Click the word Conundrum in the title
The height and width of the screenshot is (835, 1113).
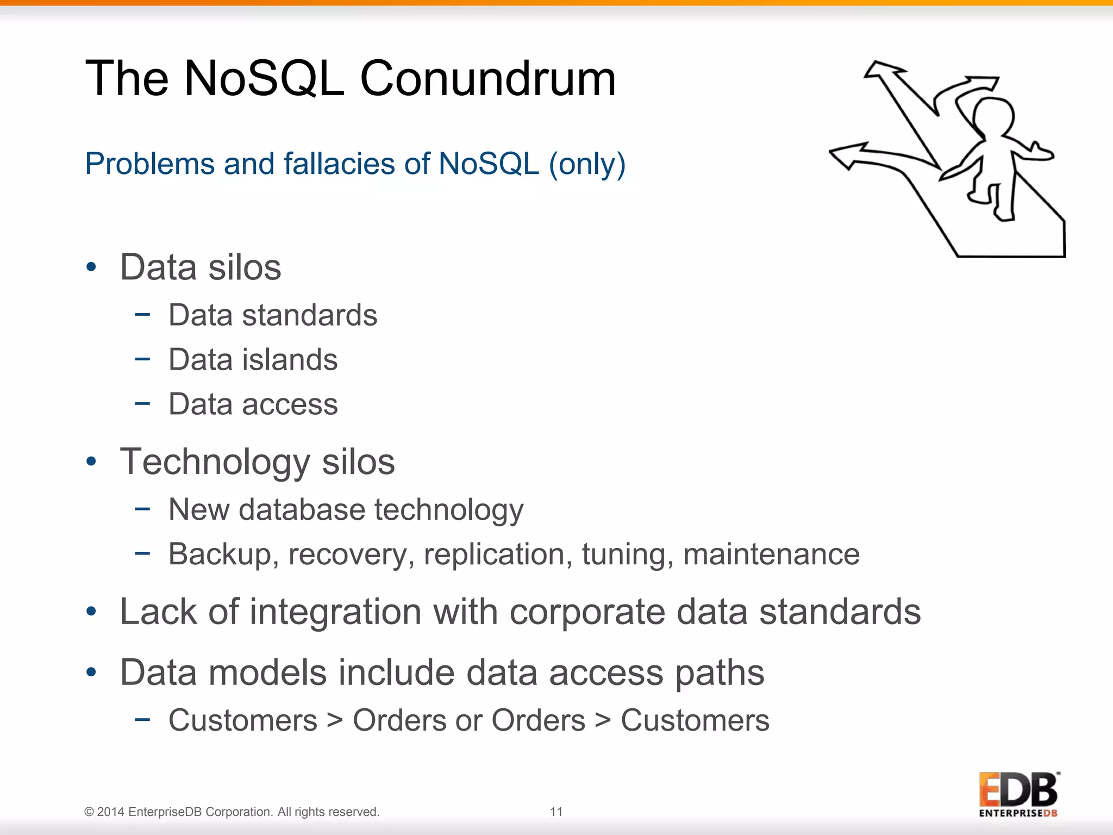tap(487, 79)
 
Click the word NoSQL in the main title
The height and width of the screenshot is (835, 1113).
tap(264, 79)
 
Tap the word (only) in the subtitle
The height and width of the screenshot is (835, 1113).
tap(587, 164)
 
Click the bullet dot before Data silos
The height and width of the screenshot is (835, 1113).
tap(91, 267)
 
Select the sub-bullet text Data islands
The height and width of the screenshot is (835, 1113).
tap(253, 359)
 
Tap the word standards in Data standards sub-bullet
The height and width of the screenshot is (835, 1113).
tap(309, 315)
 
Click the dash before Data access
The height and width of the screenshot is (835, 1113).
tap(142, 403)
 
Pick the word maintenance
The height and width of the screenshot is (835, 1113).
tap(771, 554)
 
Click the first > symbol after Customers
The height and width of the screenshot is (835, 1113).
tap(335, 721)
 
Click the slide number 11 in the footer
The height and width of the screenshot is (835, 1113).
tap(556, 812)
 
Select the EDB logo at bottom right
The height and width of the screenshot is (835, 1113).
tap(1018, 794)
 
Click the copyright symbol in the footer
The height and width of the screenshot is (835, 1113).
tap(89, 812)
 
